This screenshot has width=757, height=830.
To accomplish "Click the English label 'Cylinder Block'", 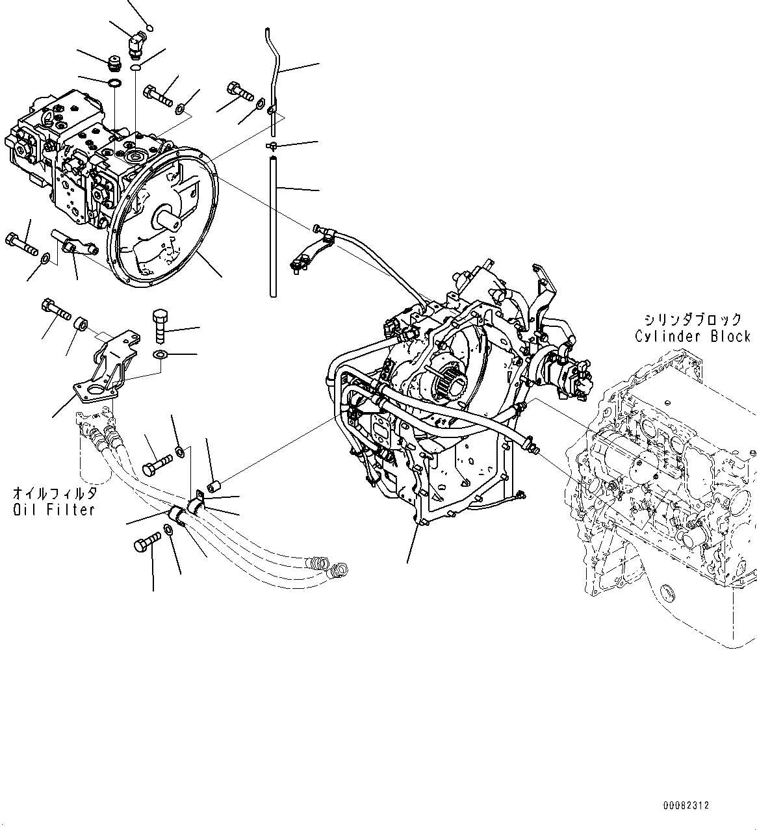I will point(692,337).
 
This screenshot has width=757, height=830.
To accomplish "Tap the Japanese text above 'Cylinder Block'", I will point(692,319).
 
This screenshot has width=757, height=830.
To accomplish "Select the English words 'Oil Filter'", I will point(54,510).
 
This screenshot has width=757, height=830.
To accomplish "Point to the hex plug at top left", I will point(114,64).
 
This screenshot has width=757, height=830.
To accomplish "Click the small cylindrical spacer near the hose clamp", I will point(213,486).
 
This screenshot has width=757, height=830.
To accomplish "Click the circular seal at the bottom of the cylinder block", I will point(665,593).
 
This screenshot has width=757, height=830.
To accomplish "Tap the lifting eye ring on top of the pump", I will point(50,116).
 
